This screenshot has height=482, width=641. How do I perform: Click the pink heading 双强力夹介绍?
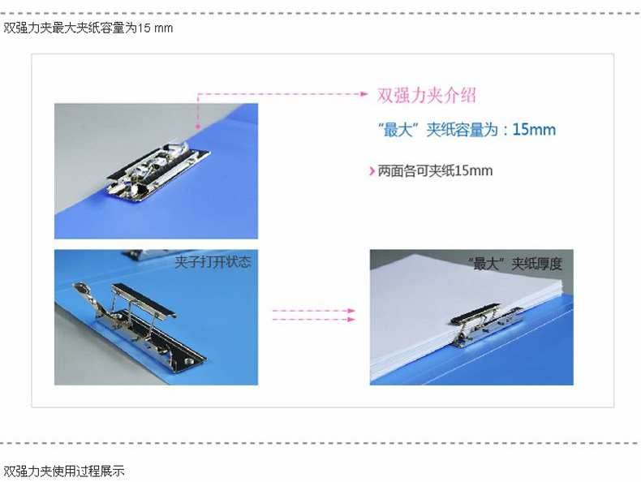426,95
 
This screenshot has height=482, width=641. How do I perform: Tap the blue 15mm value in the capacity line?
535,130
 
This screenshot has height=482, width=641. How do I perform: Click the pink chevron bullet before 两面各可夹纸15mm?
372,171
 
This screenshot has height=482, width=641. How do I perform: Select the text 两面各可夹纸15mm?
435,171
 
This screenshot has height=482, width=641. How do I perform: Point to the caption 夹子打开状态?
213,262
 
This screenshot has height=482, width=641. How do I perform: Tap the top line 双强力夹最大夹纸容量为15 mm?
88,28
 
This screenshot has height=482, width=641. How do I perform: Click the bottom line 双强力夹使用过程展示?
64,471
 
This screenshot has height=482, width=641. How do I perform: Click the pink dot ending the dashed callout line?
198,127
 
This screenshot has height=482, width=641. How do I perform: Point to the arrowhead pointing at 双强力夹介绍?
364,93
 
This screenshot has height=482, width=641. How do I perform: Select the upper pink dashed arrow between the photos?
313,311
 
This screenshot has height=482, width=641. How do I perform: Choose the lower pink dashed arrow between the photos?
313,319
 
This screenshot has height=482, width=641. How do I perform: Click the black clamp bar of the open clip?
144,300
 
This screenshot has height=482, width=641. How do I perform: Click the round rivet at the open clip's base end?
188,361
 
